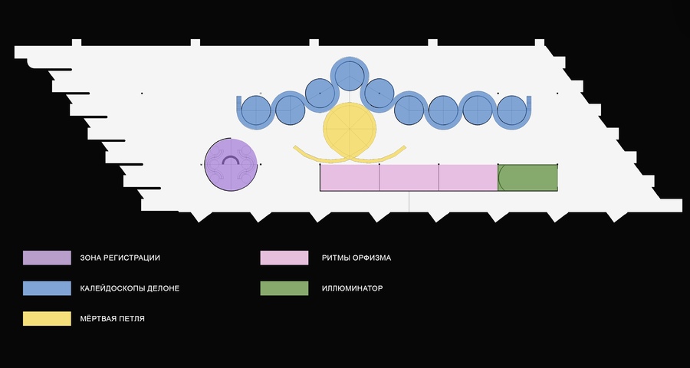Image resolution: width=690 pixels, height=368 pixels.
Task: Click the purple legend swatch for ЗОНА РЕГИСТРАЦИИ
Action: coord(46,258)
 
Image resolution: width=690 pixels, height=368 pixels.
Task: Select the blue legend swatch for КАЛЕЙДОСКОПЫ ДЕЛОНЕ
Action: coord(46,288)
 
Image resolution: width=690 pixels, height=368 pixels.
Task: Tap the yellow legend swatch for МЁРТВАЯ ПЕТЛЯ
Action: coord(46,318)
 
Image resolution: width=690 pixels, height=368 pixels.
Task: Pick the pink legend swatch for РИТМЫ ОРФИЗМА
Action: coord(284,258)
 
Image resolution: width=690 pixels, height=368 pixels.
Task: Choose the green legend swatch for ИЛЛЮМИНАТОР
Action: coord(284,288)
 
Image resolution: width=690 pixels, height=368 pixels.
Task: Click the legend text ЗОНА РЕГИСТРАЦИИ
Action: coord(120,258)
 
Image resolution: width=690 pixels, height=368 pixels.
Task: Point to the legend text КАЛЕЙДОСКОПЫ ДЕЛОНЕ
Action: coord(130,289)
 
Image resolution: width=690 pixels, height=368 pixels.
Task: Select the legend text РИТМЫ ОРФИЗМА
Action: coord(356,258)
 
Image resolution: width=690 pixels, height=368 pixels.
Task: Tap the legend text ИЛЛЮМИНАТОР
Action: coord(352,289)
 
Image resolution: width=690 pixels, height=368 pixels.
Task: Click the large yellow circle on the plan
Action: coord(350,129)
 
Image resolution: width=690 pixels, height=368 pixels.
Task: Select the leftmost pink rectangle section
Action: coord(350,177)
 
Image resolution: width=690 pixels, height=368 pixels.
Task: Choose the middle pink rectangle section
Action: coord(409,177)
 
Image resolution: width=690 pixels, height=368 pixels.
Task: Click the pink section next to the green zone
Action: coord(468,177)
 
